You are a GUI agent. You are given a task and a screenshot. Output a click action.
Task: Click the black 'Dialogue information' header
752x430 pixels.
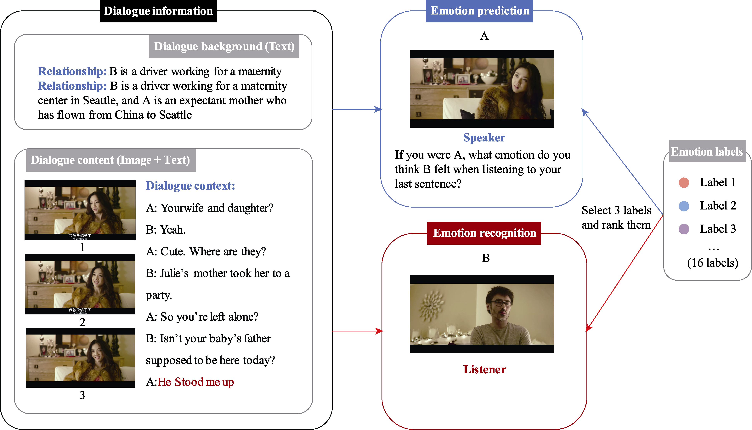[158, 11]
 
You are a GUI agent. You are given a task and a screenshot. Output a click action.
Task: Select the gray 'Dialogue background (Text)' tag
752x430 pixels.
[224, 46]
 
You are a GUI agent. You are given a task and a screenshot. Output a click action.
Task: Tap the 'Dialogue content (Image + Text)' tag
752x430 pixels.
[111, 160]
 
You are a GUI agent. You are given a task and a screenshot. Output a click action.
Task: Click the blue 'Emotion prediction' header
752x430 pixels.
[480, 11]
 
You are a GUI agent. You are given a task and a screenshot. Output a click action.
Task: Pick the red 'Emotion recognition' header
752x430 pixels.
[484, 233]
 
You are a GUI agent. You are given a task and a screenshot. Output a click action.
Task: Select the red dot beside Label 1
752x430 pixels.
[684, 182]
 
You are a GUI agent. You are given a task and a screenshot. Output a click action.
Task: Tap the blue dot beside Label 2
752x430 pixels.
[684, 206]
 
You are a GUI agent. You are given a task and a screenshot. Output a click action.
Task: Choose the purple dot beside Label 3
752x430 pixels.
[684, 229]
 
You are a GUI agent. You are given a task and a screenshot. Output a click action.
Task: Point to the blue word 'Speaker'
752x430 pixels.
[484, 138]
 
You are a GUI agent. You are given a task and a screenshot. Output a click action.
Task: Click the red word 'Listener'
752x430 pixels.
[484, 370]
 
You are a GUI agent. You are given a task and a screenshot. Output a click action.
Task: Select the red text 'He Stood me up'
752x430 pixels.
[196, 382]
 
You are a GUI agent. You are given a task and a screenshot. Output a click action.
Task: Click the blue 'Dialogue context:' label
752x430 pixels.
[190, 186]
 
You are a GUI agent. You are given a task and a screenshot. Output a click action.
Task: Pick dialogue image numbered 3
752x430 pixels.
[80, 358]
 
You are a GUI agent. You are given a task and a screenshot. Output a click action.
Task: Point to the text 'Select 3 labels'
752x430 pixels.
[616, 210]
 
